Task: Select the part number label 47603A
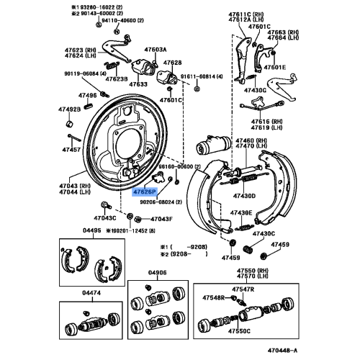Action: [155, 50]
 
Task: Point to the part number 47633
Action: [139, 84]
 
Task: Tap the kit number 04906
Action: [158, 272]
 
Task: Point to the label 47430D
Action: [243, 195]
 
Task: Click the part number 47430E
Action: [241, 213]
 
